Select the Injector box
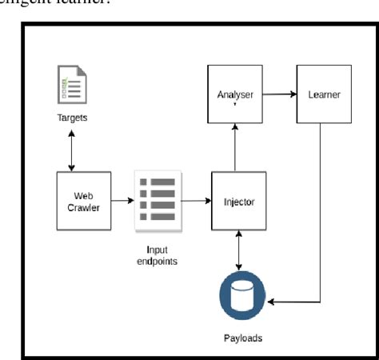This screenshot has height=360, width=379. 239,201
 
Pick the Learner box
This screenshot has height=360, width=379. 324,95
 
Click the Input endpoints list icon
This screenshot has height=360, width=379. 157,201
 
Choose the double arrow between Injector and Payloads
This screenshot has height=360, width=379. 240,250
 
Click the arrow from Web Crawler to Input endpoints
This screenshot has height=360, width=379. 122,201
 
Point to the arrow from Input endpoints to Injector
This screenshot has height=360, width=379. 197,201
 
